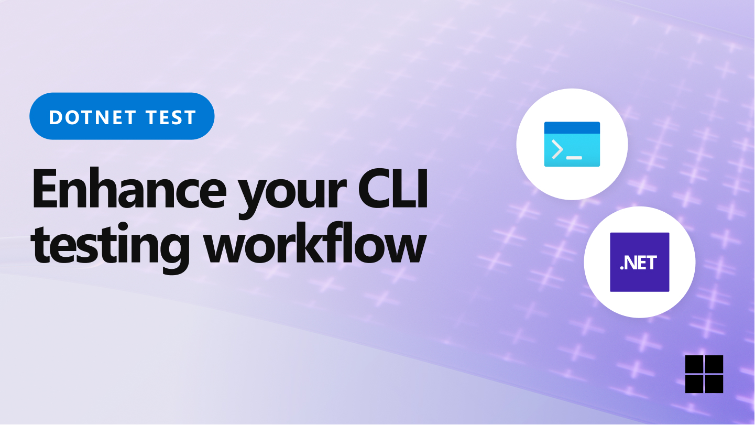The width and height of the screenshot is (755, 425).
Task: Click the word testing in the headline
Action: [111, 246]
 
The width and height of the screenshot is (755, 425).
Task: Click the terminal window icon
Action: [572, 144]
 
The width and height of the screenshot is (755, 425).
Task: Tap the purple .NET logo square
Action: [639, 262]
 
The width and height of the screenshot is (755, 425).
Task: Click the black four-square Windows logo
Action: [704, 374]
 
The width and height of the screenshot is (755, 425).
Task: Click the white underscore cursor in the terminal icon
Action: [574, 157]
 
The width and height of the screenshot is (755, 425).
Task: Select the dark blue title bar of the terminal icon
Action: [572, 126]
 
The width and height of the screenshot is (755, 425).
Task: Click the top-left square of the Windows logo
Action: [694, 364]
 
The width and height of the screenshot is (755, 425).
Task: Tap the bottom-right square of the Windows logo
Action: [714, 384]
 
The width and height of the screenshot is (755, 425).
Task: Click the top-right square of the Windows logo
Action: [714, 364]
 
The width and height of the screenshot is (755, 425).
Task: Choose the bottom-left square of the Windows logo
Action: [694, 384]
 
